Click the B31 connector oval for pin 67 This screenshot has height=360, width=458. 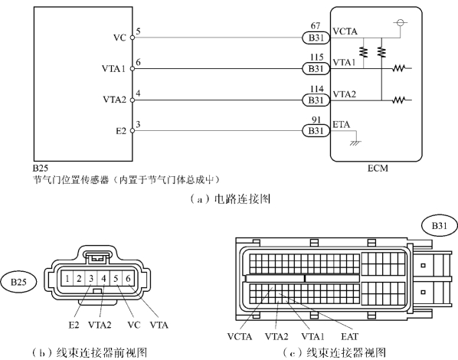click(316, 38)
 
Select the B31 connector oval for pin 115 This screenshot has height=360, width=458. click(316, 69)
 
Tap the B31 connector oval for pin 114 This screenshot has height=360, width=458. click(316, 100)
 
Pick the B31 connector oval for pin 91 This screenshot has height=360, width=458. click(316, 131)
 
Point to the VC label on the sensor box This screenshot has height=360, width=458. click(119, 38)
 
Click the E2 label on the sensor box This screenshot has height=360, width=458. click(121, 131)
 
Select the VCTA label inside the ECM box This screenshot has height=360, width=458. click(345, 31)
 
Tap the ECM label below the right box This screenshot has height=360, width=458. click(378, 169)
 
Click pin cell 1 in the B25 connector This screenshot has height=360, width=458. click(67, 279)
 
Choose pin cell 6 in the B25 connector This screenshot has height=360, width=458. click(128, 279)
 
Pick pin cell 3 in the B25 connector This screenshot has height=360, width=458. click(91, 279)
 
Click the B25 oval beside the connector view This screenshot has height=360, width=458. click(18, 282)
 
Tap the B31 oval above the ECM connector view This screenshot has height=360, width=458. click(440, 226)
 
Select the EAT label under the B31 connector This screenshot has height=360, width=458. click(349, 336)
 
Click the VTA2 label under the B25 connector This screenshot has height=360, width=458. click(100, 325)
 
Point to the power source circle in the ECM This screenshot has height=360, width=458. click(400, 22)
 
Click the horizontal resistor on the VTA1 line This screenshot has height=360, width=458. click(399, 68)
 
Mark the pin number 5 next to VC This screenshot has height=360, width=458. click(138, 31)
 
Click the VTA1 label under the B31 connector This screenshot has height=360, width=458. click(312, 336)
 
